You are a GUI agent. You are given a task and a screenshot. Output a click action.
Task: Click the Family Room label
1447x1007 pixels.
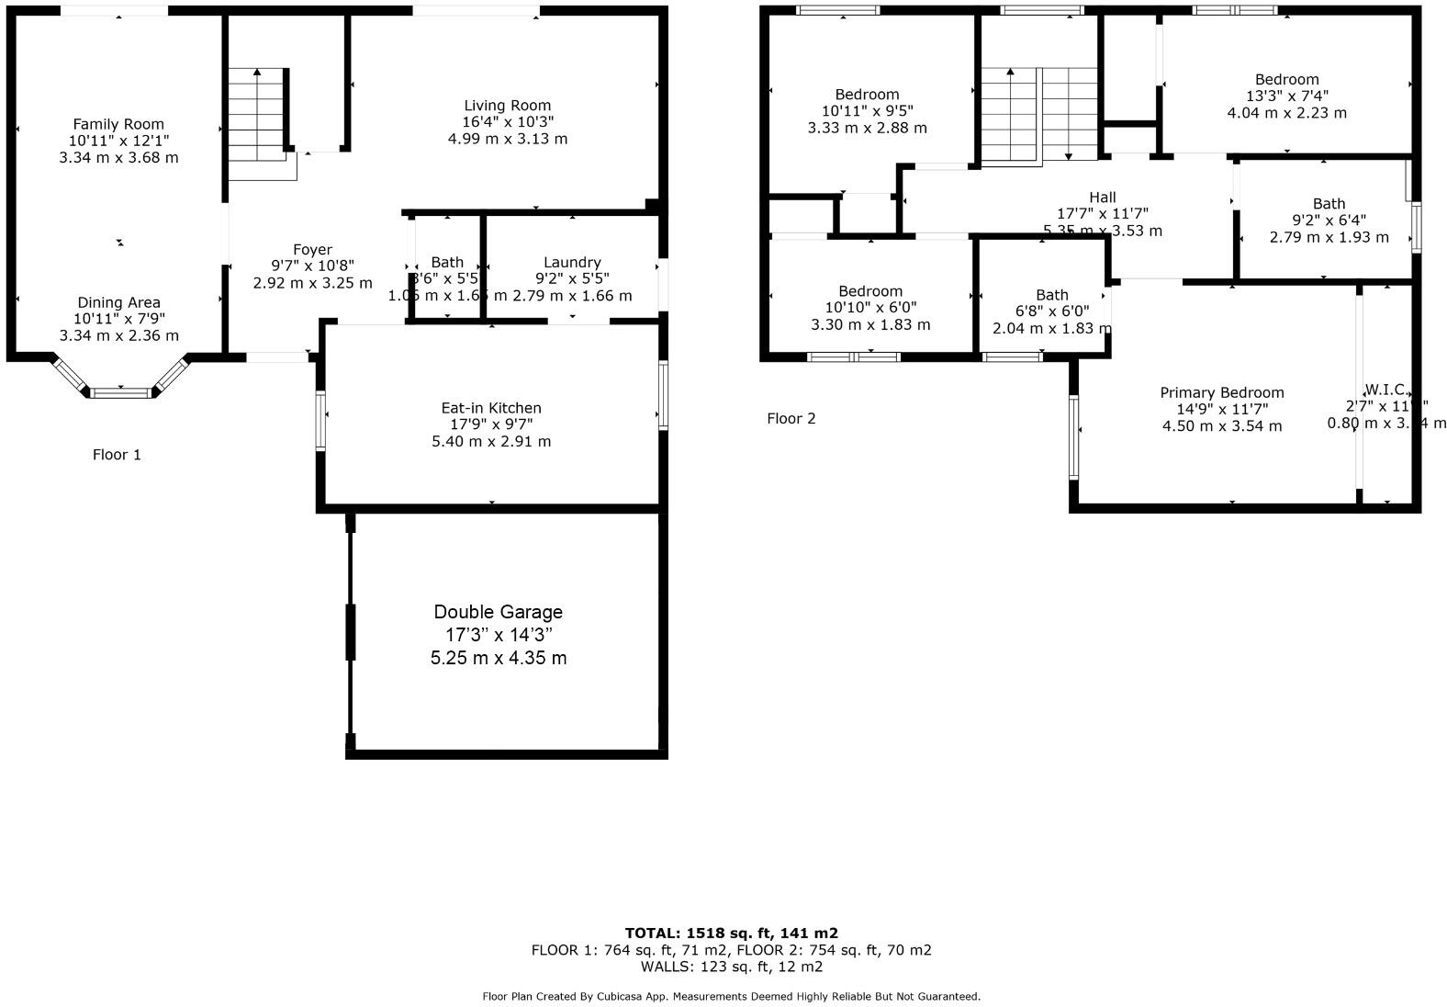(x=118, y=124)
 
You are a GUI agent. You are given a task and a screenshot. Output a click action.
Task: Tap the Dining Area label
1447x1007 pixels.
(x=118, y=302)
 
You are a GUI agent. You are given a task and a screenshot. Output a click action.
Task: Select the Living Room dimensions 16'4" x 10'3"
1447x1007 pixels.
(x=508, y=122)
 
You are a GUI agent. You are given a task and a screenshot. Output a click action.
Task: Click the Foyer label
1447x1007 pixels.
(x=312, y=250)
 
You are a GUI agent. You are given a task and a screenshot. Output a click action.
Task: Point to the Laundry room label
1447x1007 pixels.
(x=572, y=263)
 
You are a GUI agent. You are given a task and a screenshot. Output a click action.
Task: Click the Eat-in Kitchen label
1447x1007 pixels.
(x=491, y=408)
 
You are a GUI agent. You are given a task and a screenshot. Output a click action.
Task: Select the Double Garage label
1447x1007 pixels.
(x=498, y=612)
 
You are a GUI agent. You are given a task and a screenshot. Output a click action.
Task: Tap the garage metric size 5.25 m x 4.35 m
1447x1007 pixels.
(x=498, y=658)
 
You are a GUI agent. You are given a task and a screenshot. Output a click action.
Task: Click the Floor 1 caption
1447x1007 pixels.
(x=117, y=455)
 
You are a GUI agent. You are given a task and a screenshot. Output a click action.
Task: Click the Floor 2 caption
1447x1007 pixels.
(x=791, y=419)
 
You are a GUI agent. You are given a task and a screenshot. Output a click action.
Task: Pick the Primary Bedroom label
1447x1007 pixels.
(x=1221, y=393)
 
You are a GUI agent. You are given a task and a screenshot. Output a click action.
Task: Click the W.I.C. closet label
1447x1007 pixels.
(x=1385, y=390)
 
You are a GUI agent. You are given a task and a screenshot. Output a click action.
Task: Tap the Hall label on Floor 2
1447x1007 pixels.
(x=1102, y=198)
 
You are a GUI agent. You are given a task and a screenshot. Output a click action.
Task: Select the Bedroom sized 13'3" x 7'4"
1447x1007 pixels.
(x=1286, y=80)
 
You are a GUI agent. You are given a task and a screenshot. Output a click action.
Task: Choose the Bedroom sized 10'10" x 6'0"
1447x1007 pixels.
(x=869, y=292)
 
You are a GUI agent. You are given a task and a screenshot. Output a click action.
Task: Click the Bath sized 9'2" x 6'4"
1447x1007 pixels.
(x=1328, y=204)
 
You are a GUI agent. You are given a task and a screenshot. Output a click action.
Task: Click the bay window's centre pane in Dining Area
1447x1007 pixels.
(x=120, y=393)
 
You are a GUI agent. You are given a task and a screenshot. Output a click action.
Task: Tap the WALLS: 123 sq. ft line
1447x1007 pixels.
(x=731, y=967)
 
